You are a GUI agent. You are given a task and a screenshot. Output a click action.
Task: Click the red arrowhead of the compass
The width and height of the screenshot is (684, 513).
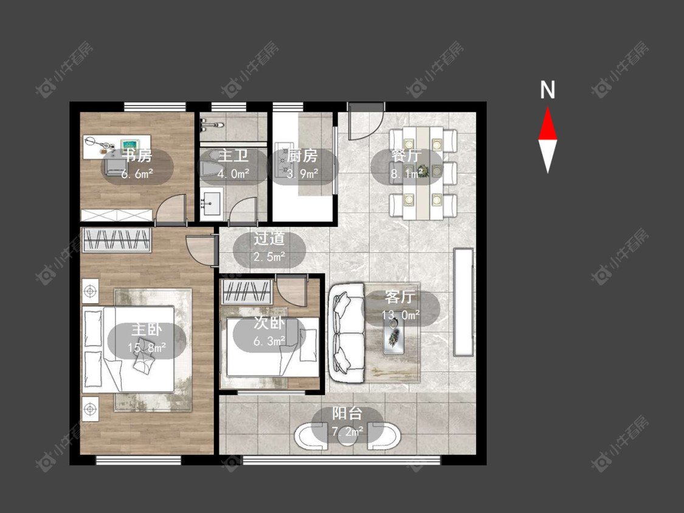pyautogui.click(x=547, y=125)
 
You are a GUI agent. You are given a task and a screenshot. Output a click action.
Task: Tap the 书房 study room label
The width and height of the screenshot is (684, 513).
pyautogui.click(x=137, y=155)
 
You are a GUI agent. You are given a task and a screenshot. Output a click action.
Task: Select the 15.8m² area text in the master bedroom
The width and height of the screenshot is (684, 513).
pyautogui.click(x=147, y=348)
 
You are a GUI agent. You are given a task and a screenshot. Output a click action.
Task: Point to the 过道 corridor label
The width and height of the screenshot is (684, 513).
pyautogui.click(x=269, y=238)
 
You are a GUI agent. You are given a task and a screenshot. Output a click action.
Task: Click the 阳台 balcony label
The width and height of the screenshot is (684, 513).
pyautogui.click(x=347, y=413)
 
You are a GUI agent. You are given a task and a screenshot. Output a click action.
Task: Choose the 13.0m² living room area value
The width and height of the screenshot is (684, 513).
pyautogui.click(x=401, y=314)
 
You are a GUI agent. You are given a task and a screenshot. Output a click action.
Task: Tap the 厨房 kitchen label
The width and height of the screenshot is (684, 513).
pyautogui.click(x=303, y=155)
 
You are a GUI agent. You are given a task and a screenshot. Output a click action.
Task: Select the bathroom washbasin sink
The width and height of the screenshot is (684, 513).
pyautogui.click(x=212, y=202)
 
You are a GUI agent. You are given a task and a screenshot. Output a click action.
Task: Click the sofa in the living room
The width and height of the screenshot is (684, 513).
pyautogui.click(x=347, y=333)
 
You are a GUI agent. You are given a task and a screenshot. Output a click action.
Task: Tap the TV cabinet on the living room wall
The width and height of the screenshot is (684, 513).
pyautogui.click(x=463, y=302)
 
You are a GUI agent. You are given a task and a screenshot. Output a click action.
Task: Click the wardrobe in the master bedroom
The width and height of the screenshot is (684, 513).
pyautogui.click(x=117, y=240)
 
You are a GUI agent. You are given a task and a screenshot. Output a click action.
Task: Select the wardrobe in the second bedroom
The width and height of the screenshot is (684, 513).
pyautogui.click(x=247, y=292)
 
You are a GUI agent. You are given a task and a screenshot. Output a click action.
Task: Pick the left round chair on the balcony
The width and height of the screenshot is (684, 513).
pyautogui.click(x=311, y=435)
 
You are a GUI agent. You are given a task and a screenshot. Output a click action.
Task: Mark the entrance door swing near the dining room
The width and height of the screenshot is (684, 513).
pyautogui.click(x=366, y=121)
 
